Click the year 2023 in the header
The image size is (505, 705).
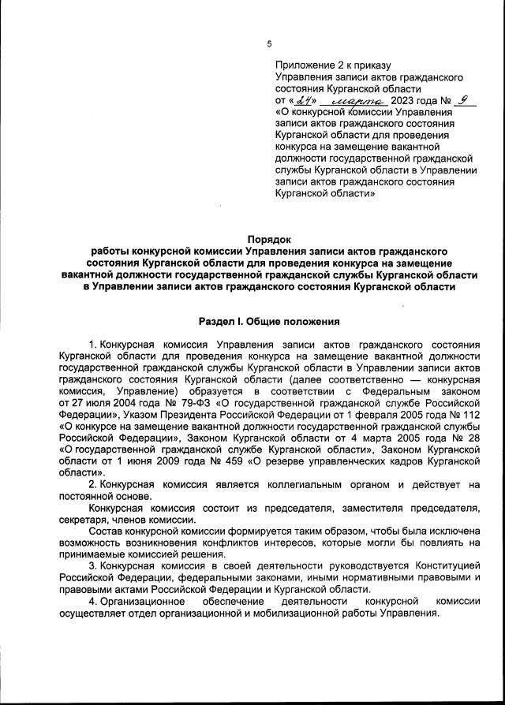[402, 102]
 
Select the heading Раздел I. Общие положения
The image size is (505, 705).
[269, 321]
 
